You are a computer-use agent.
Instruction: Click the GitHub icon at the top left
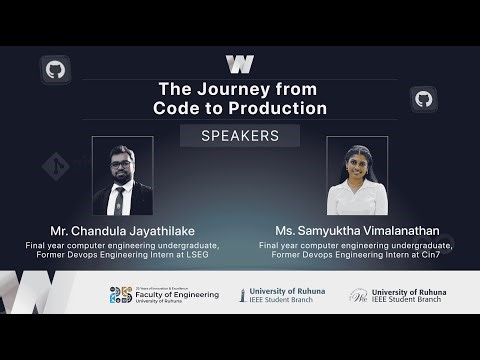(55, 69)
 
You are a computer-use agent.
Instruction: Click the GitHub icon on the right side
(424, 99)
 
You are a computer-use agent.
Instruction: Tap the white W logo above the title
(240, 65)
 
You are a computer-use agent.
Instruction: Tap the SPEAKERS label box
(240, 136)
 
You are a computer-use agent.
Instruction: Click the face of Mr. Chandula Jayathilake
(122, 164)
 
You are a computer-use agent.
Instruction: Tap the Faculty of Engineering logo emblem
(121, 295)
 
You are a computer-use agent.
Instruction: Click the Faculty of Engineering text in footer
(177, 295)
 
